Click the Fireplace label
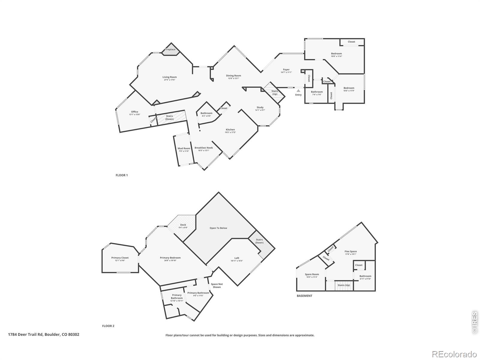[x=170, y=49]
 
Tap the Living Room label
[x=169, y=77]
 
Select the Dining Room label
[x=233, y=76]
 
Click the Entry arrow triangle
[x=298, y=90]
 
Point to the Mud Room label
[x=184, y=148]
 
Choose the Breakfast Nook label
[x=204, y=148]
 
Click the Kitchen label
[x=230, y=130]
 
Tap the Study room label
[x=260, y=107]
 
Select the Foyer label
[x=286, y=70]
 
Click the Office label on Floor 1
[x=135, y=112]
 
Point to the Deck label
[x=183, y=225]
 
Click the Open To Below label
[x=218, y=228]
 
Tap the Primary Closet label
[x=120, y=258]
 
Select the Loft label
[x=237, y=258]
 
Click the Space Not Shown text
[x=217, y=286]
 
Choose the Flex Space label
[x=350, y=251]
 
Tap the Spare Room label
[x=312, y=274]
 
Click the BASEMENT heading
[x=304, y=296]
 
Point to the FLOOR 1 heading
[x=121, y=175]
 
